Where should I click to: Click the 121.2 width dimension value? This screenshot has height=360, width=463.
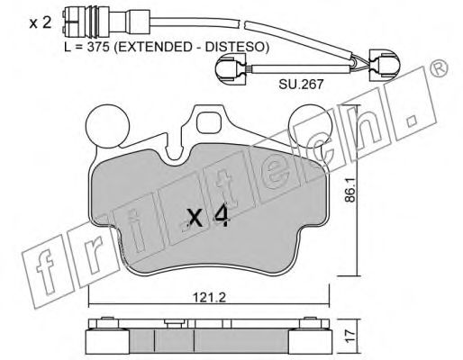point(209,298)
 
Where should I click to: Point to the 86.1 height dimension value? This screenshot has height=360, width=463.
point(350,190)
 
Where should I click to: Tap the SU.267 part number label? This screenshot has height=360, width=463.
point(301,85)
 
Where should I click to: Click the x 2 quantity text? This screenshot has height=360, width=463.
point(41,23)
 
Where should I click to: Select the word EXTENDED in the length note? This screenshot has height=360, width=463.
point(151,47)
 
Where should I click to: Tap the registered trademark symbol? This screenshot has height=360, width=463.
point(439,69)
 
